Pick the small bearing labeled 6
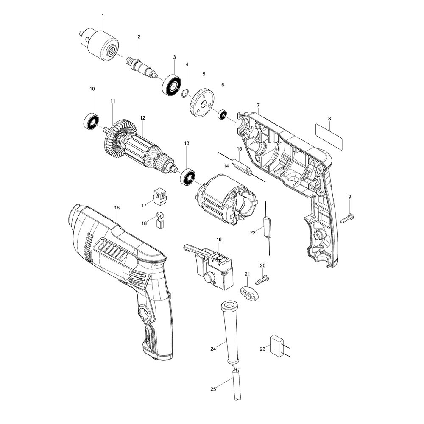222,114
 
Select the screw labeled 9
347,218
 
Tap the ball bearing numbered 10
91,122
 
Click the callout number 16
117,208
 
